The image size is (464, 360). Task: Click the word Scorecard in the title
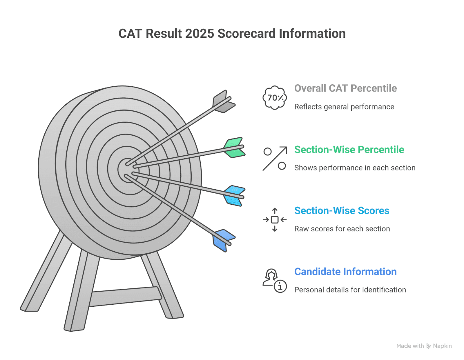246,34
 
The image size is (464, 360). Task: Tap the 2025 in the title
200,34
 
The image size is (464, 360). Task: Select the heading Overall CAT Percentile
345,88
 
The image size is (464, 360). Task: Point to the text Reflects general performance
344,106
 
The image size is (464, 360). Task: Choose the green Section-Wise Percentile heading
349,149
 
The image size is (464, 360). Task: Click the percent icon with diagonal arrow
275,158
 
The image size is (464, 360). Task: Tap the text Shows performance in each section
355,168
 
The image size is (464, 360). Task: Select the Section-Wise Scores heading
342,210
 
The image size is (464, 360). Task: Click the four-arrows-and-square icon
275,220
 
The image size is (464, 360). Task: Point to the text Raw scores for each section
342,228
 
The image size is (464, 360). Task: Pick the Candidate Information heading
345,271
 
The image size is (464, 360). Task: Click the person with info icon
275,280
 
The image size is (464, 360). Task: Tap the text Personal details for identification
350,290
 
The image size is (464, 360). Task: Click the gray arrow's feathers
224,101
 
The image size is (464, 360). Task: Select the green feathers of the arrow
234,148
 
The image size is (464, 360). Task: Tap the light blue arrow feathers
234,196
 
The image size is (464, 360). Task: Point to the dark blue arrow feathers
224,241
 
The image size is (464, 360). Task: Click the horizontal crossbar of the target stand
125,297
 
